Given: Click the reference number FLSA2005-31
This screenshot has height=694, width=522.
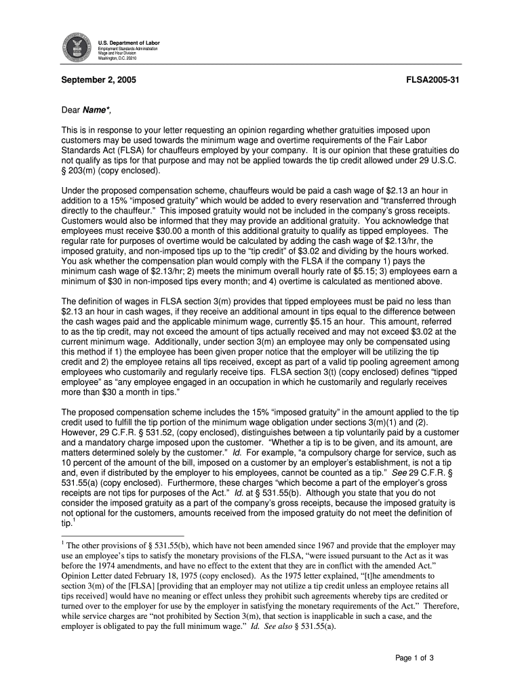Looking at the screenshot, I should pos(433,79).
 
